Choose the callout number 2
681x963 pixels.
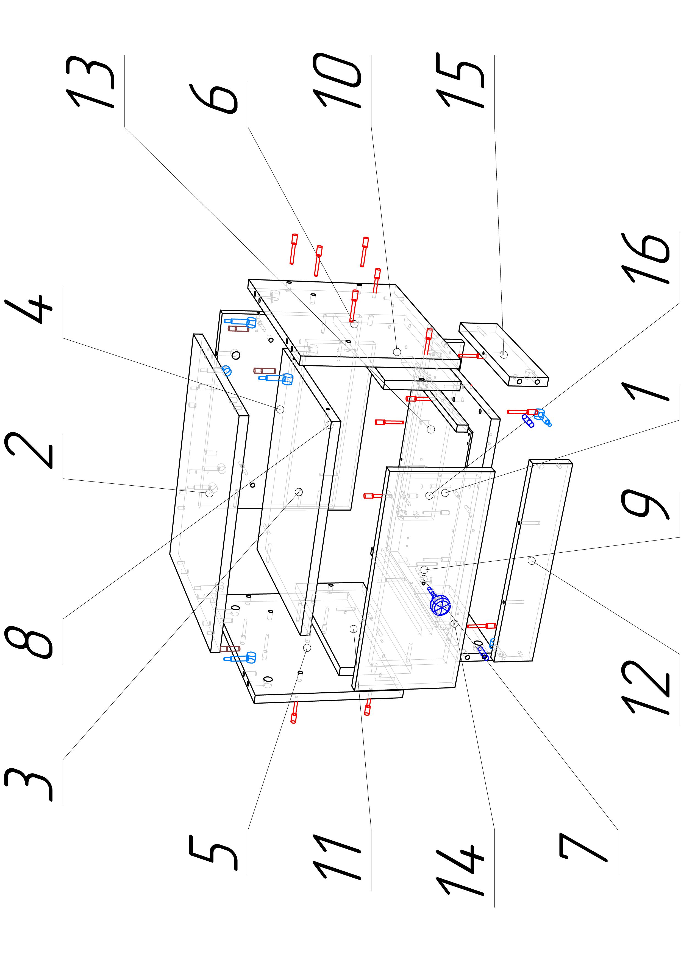pyautogui.click(x=29, y=451)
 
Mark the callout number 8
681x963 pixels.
pyautogui.click(x=29, y=642)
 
